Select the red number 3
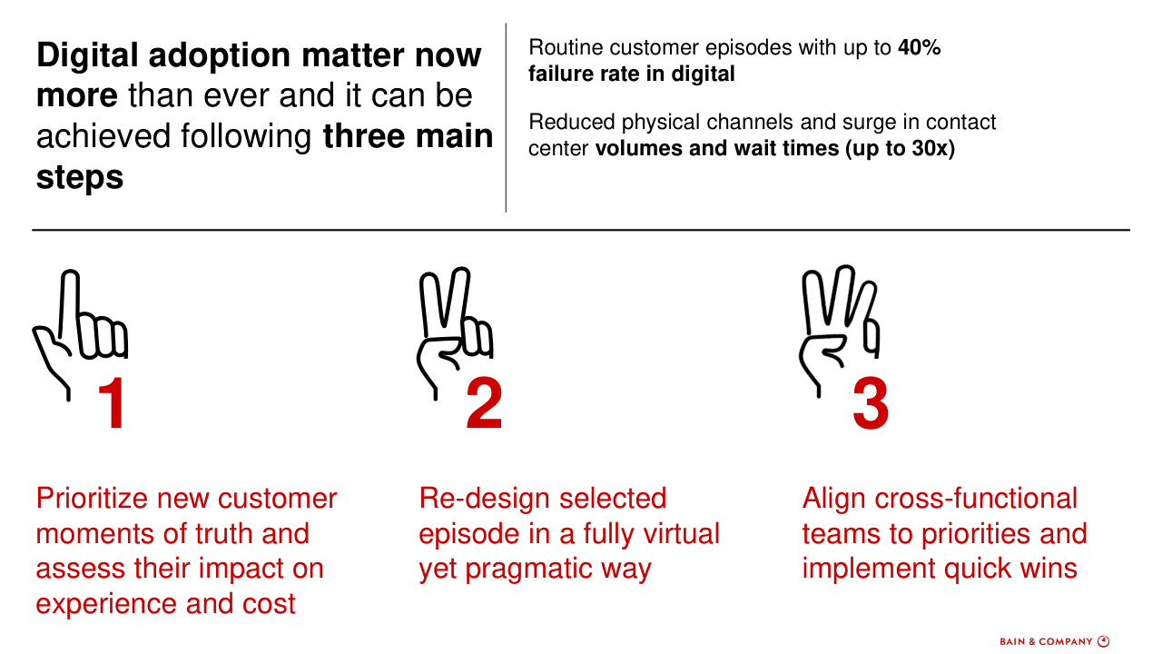coord(871,403)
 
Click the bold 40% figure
coord(920,48)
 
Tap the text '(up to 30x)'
coord(900,148)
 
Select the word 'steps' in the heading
coord(80,177)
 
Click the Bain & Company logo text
coord(1046,641)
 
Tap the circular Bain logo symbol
coord(1103,641)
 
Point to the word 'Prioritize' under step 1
coord(92,499)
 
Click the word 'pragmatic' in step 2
coord(528,569)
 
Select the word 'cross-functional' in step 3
coord(976,499)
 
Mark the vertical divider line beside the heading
coord(506,117)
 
